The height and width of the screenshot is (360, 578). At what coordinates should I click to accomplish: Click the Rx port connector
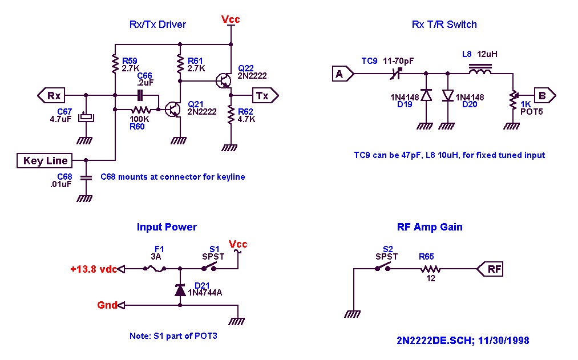click(51, 95)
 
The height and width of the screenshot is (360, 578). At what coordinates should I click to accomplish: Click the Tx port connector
click(265, 96)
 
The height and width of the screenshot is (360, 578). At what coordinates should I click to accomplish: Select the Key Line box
click(45, 161)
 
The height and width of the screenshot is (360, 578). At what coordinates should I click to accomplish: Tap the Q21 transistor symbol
click(172, 110)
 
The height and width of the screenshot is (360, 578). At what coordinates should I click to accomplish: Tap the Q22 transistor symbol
click(224, 80)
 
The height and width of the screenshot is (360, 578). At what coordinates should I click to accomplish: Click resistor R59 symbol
click(115, 63)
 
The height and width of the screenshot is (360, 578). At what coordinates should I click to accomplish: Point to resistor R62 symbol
click(231, 115)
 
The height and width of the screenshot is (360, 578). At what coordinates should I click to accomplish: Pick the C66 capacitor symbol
click(140, 95)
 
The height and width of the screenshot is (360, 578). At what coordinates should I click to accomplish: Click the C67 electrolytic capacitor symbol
click(86, 117)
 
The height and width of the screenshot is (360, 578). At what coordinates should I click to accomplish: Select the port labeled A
click(343, 74)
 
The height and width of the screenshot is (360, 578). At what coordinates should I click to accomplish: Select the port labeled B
click(545, 96)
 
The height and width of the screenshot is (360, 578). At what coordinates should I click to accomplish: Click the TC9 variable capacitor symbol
click(396, 74)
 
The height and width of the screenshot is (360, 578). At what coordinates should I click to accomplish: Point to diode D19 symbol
click(426, 95)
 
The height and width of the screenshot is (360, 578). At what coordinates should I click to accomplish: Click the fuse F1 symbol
click(155, 269)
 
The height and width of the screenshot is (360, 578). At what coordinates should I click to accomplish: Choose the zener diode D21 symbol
click(180, 290)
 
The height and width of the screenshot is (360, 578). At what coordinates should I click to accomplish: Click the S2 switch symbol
click(383, 267)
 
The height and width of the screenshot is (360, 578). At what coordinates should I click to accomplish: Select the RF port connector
click(490, 269)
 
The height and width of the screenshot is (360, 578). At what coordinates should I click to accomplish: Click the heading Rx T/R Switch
click(444, 25)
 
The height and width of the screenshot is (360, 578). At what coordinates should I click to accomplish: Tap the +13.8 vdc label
click(94, 269)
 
